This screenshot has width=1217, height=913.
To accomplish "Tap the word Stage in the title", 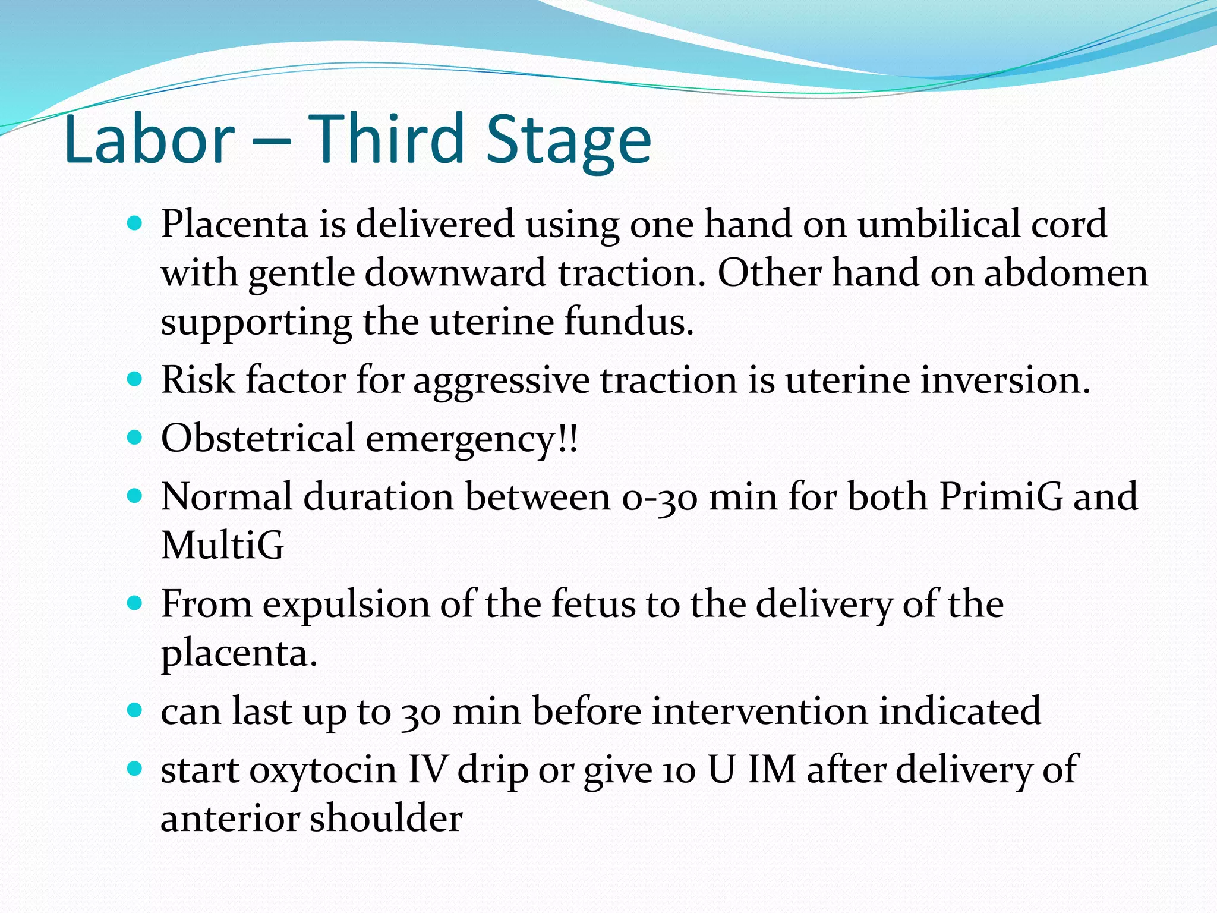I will [x=569, y=140].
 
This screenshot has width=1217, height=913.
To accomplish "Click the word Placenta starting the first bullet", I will [x=235, y=225].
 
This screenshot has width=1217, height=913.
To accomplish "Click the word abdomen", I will [x=1066, y=273].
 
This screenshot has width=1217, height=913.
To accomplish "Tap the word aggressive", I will [x=501, y=381].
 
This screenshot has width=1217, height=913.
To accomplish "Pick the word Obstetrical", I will [x=258, y=439].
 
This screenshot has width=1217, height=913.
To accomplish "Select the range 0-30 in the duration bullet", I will [x=660, y=497].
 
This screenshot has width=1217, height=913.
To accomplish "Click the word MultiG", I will [x=222, y=545].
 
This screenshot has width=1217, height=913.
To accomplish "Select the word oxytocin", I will [x=323, y=770].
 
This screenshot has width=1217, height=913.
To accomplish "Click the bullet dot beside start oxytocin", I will [x=135, y=769].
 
